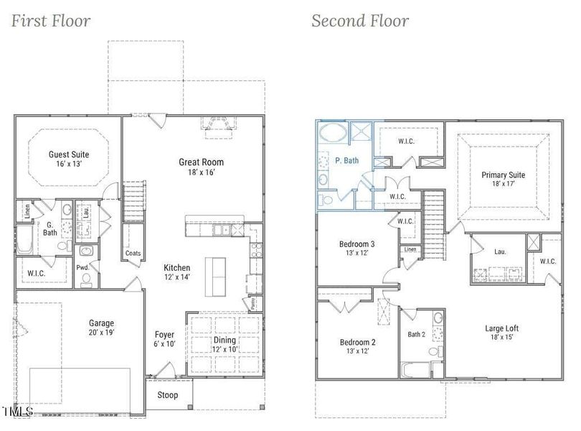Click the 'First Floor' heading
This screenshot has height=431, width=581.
(x=51, y=21)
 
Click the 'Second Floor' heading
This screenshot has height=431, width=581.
(x=360, y=21)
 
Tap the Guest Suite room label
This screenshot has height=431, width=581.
(x=69, y=154)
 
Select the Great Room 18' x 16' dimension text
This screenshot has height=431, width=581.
(x=202, y=172)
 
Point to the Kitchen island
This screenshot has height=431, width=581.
(x=215, y=277)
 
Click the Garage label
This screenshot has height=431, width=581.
(x=101, y=323)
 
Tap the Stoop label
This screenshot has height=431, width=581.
(x=167, y=395)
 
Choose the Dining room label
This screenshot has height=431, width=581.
(x=225, y=340)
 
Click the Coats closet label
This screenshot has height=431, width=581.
(x=133, y=253)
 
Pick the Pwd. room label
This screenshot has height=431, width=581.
(x=82, y=268)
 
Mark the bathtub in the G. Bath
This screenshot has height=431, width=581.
(x=24, y=240)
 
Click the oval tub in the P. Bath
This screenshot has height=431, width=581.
(x=334, y=132)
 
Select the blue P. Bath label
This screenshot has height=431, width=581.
(x=347, y=160)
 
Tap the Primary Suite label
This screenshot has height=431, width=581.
(x=504, y=175)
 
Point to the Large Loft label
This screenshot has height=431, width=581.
(x=501, y=328)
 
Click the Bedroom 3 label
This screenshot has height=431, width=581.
(x=356, y=244)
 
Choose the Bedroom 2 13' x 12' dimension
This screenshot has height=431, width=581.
(x=358, y=351)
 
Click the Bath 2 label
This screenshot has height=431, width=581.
(x=417, y=335)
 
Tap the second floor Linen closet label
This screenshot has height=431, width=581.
(x=410, y=249)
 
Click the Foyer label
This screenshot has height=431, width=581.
(x=164, y=335)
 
